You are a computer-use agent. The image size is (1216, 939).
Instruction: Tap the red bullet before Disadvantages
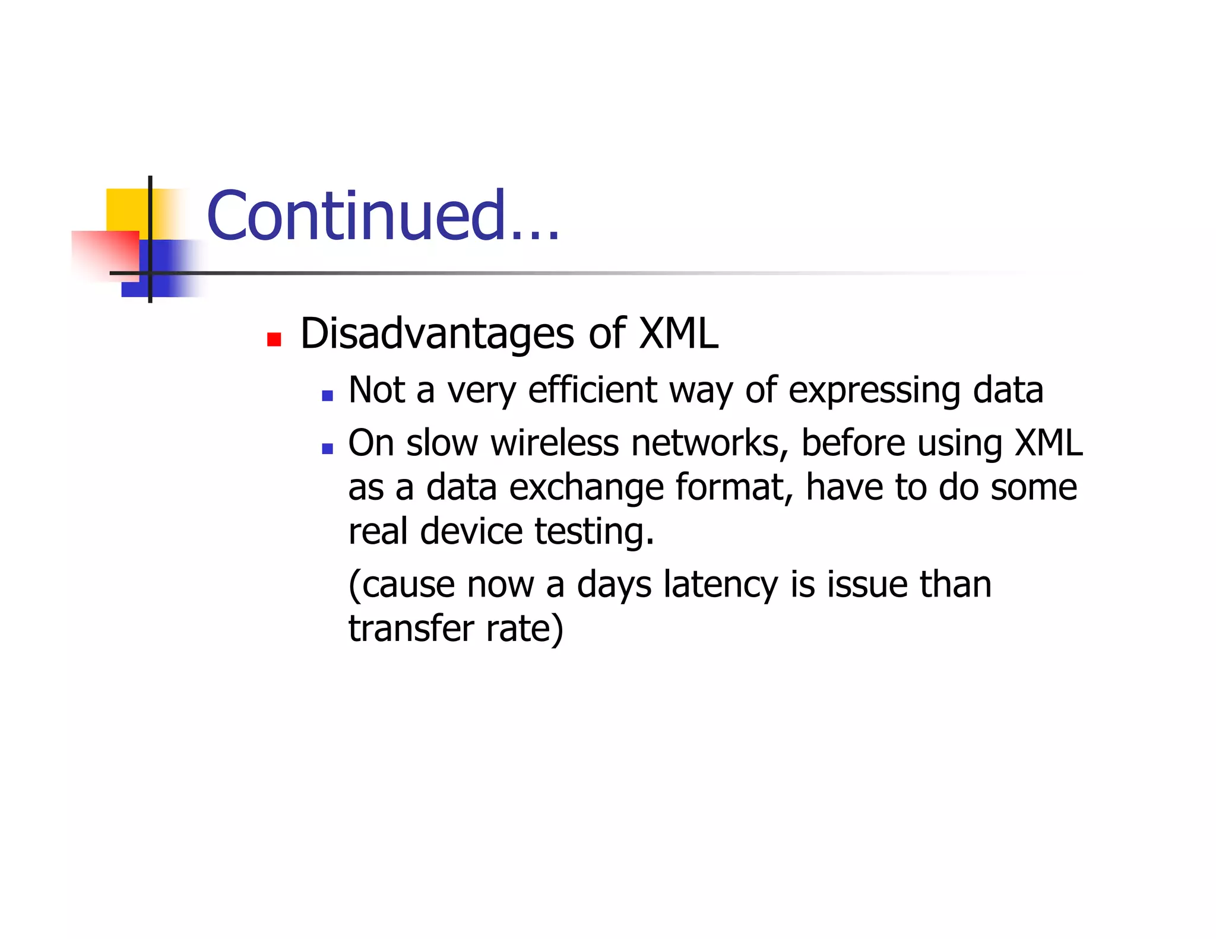click(274, 340)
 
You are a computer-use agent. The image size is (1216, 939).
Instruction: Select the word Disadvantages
click(437, 334)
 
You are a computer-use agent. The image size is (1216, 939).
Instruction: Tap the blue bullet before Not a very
click(327, 396)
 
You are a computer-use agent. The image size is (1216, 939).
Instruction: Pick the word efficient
click(593, 390)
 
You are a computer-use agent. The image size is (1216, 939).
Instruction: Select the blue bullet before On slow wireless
click(327, 449)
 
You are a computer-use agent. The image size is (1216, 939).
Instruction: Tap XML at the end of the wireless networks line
click(1048, 443)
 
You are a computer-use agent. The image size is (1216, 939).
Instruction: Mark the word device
click(471, 531)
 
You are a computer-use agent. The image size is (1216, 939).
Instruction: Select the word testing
click(594, 532)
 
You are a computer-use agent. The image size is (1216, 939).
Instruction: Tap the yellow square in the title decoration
click(126, 208)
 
